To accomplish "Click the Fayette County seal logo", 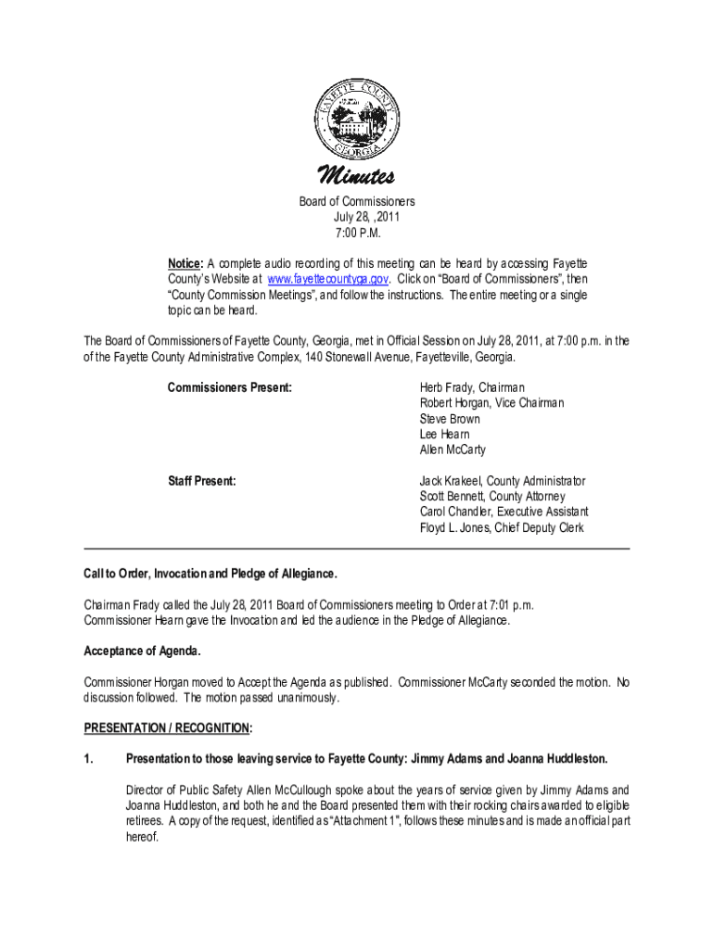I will (x=356, y=119).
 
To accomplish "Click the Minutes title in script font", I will (x=356, y=176).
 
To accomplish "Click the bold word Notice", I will (x=184, y=263).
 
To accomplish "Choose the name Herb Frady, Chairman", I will (x=472, y=387).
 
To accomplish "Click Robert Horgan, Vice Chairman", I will (x=491, y=403).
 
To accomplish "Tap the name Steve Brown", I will (x=450, y=419).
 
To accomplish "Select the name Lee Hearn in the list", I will (x=444, y=435).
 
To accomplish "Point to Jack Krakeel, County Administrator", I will (x=502, y=482).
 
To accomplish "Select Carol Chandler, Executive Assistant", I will (x=504, y=512).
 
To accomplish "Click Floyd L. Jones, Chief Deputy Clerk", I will (x=502, y=528).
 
